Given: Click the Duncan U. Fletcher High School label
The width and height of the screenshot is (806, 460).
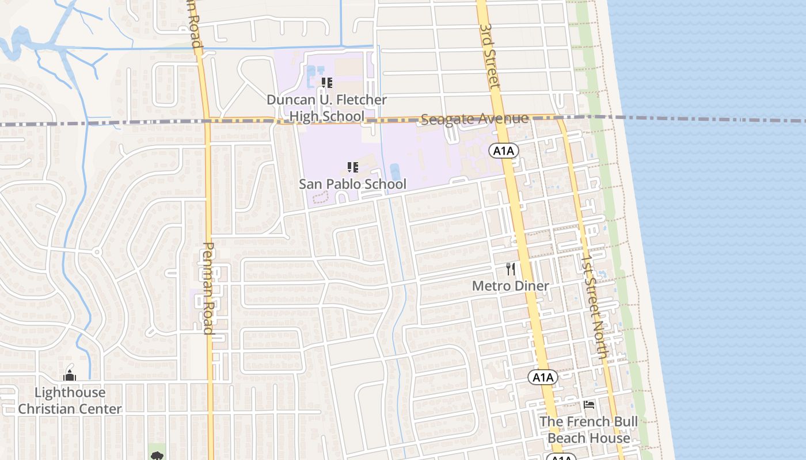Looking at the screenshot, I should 326,108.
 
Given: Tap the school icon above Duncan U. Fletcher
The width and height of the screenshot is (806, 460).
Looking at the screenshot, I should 327,83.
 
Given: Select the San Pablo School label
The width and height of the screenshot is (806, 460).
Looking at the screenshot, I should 352,184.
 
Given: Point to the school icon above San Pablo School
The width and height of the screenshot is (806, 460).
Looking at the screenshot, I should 353,167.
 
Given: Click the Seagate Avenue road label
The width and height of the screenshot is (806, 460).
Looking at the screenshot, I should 474,119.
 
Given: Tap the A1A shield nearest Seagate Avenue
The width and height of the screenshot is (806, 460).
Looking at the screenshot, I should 504,151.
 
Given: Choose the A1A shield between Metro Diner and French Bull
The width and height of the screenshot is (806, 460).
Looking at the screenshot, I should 543,377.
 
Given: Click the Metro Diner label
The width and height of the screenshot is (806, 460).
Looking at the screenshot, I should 511,286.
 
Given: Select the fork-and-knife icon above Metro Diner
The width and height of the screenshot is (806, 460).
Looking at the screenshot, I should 510,269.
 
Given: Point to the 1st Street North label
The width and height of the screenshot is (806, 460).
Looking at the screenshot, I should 594,308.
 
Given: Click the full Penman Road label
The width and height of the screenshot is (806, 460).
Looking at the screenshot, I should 208,287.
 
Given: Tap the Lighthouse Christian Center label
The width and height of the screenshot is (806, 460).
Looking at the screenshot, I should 70,401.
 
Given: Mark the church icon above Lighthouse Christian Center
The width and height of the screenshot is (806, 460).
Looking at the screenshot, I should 70,376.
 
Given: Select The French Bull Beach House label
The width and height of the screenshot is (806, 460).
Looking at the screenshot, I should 588,430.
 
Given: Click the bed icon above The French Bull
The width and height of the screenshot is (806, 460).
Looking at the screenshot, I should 588,405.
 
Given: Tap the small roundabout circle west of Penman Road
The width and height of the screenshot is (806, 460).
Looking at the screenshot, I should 97,252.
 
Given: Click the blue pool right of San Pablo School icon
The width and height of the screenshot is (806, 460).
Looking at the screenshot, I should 395,171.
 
